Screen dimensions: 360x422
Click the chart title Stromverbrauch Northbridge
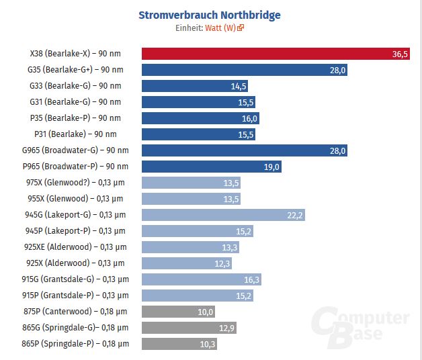[209, 15]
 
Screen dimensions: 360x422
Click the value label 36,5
[400, 54]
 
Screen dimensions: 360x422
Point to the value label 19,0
[271, 167]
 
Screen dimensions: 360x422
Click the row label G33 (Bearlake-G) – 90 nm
[75, 86]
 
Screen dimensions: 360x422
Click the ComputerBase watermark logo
[363, 329]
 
